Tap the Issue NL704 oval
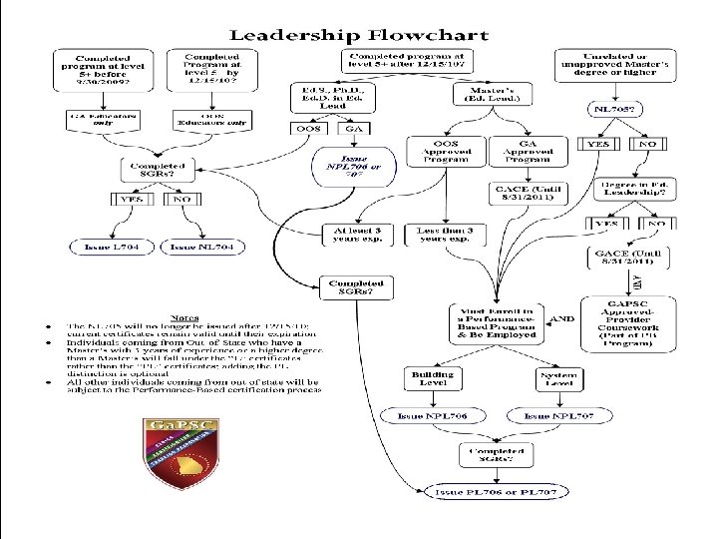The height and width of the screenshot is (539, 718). tap(203, 246)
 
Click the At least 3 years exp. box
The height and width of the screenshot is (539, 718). tap(357, 235)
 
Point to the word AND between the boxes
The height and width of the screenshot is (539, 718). tap(562, 319)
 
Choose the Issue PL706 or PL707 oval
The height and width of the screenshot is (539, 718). tap(495, 491)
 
